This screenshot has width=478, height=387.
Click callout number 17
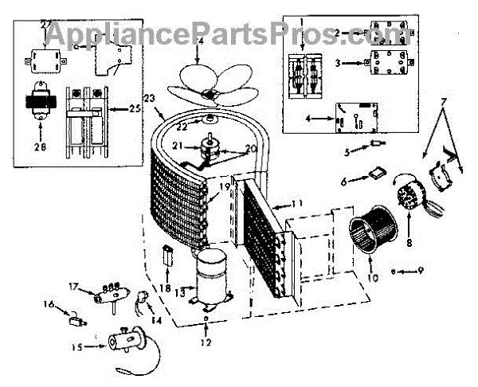(74, 287)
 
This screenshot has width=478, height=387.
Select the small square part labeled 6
(374, 175)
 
